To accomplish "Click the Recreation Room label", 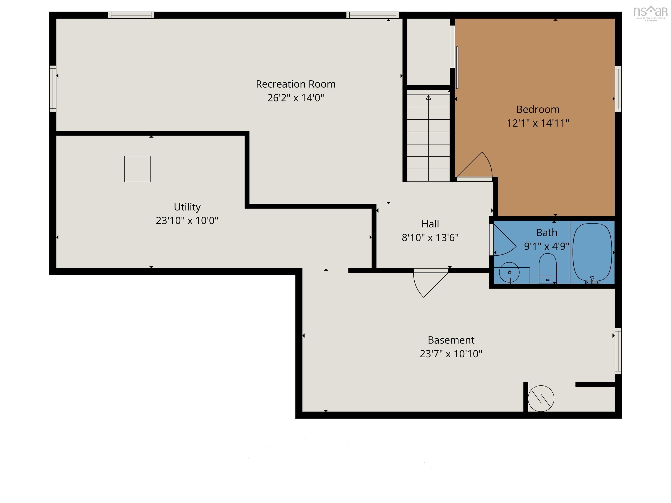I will pyautogui.click(x=296, y=84).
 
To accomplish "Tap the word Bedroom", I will pyautogui.click(x=538, y=109).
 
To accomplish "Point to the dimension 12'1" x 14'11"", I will pyautogui.click(x=538, y=123).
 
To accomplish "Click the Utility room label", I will pyautogui.click(x=187, y=207).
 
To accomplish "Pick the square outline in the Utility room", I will pyautogui.click(x=137, y=169).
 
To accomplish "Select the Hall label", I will pyautogui.click(x=430, y=224).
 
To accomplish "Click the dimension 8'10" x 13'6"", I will pyautogui.click(x=430, y=237).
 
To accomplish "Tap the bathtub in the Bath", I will pyautogui.click(x=592, y=252).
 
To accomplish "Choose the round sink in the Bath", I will pyautogui.click(x=509, y=272).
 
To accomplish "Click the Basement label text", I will pyautogui.click(x=451, y=340).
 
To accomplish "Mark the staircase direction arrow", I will pyautogui.click(x=428, y=98).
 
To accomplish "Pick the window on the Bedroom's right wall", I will pyautogui.click(x=618, y=89).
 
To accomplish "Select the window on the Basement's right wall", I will pyautogui.click(x=618, y=351).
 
